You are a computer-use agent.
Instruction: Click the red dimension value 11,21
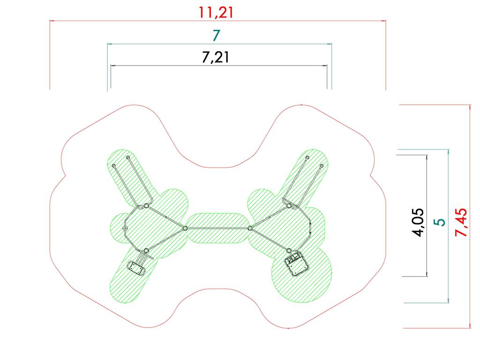tap(216, 13)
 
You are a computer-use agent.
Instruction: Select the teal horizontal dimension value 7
tap(216, 36)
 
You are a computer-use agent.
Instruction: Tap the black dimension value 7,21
tap(216, 57)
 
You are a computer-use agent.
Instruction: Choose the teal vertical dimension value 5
tap(440, 222)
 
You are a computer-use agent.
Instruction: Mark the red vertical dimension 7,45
tap(461, 222)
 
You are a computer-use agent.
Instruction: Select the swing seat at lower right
tap(297, 264)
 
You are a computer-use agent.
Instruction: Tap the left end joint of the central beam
tap(185, 228)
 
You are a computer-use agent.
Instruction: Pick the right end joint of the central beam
tap(250, 228)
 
